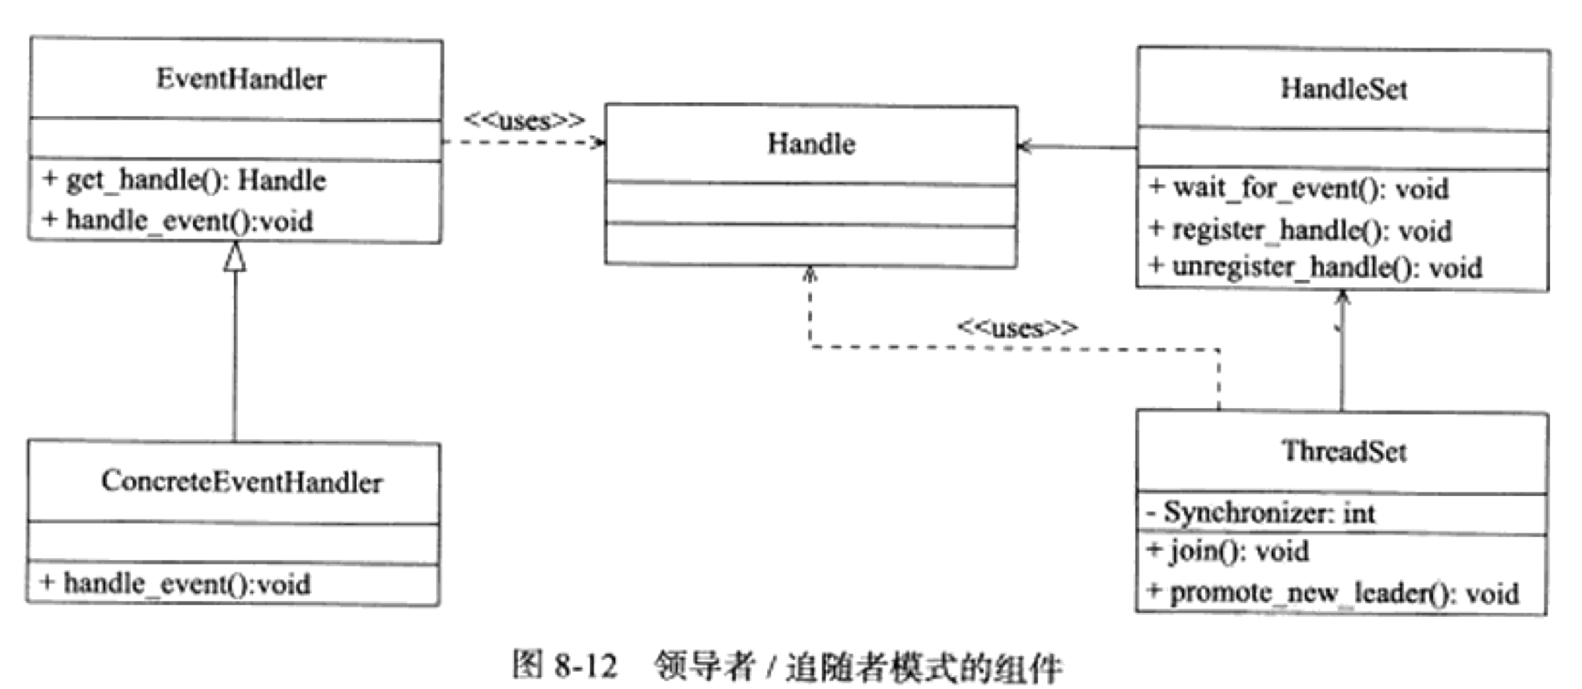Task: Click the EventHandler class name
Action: (241, 80)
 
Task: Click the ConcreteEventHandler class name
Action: (241, 481)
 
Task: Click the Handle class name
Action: (811, 144)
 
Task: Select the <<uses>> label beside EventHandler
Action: (523, 121)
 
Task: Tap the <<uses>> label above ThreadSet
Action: (1017, 328)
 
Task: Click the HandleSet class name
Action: (1343, 89)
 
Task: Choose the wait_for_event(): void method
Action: (1299, 188)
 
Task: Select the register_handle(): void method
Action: (1301, 230)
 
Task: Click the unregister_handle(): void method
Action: (1316, 267)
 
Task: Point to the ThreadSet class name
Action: (1343, 451)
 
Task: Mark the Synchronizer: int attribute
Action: (1262, 512)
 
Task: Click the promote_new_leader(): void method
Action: (1333, 593)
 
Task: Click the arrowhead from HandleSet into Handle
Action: (1025, 146)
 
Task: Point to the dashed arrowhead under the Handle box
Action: (809, 274)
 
